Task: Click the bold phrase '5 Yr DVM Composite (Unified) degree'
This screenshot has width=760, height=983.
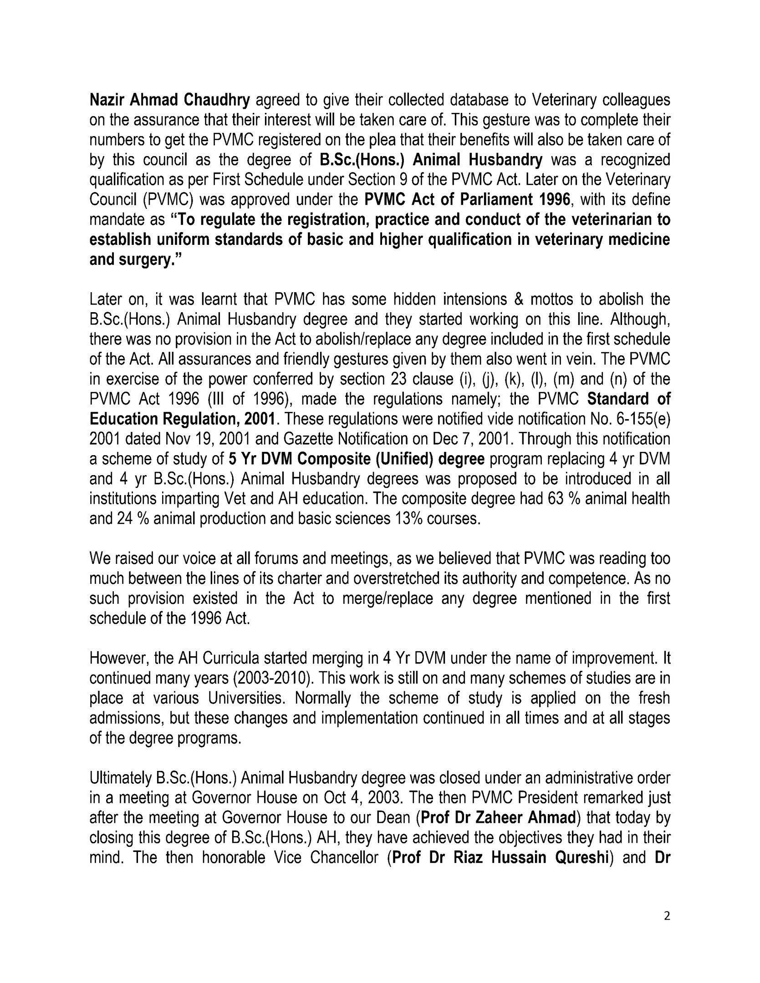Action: click(x=356, y=459)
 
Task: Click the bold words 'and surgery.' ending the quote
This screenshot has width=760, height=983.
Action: click(x=135, y=259)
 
